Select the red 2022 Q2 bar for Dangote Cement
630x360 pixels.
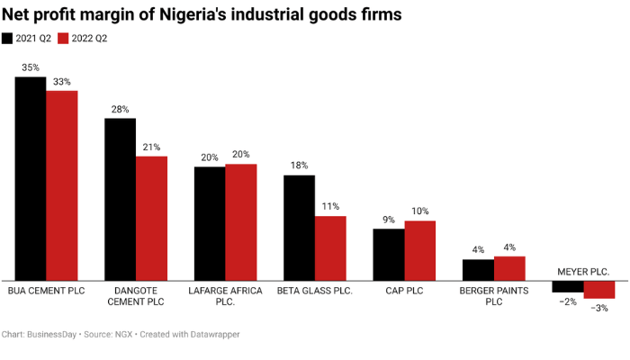tap(151, 218)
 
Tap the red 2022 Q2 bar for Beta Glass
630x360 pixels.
tap(330, 247)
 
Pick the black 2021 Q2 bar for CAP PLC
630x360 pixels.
tap(389, 254)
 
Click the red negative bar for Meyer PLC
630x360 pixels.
tap(598, 289)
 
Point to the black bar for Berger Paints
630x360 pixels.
tap(478, 269)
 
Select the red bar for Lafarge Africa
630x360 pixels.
tap(240, 221)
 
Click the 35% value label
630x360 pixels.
tap(31, 67)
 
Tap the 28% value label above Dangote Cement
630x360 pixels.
tap(121, 109)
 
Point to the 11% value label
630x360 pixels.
tap(330, 206)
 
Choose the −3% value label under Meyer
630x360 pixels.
tap(598, 308)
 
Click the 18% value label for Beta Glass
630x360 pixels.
tap(300, 166)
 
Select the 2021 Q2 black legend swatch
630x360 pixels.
tap(8, 38)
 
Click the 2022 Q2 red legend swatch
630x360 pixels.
tap(63, 38)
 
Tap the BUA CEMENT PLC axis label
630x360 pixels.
tap(45, 291)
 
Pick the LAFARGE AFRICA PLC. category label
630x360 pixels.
tap(225, 296)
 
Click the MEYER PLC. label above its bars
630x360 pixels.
tap(583, 271)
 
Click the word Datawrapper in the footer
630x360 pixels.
tap(211, 334)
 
